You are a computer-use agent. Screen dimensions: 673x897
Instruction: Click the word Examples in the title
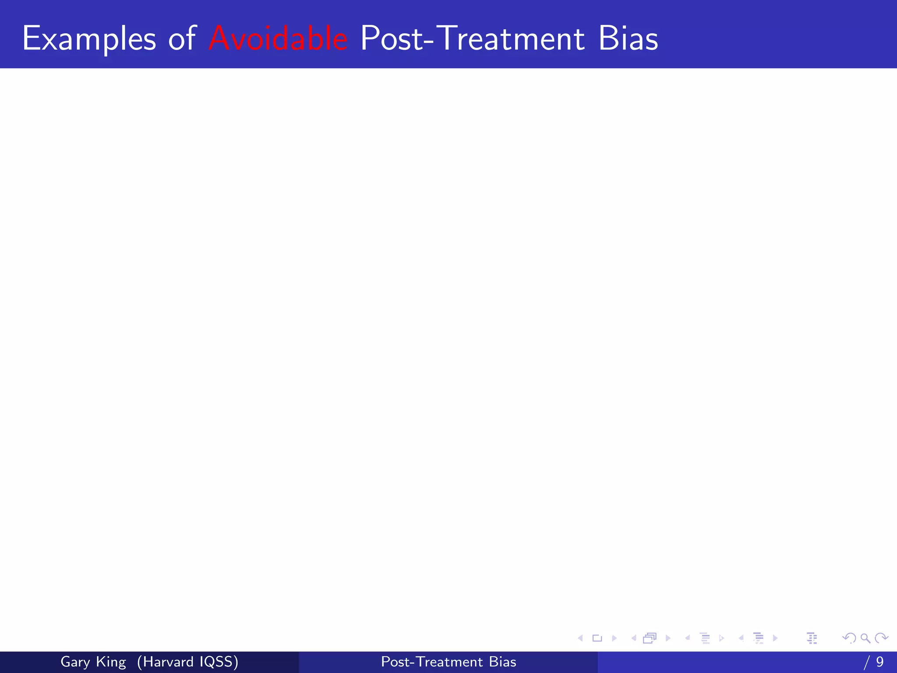pos(89,39)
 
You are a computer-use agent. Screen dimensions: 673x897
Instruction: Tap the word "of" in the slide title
pos(182,39)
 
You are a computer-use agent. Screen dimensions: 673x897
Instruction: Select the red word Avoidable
pos(279,39)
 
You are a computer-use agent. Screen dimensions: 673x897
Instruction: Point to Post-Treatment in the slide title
pos(472,39)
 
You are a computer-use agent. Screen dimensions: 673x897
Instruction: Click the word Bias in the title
pos(628,39)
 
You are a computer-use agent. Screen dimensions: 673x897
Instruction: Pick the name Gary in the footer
pos(75,662)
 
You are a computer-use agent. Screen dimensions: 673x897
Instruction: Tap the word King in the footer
pos(111,662)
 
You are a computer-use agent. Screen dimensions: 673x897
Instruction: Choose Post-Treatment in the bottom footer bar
pos(432,662)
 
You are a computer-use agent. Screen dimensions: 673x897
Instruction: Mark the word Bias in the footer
pos(503,662)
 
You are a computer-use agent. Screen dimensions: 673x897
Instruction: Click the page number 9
pos(880,662)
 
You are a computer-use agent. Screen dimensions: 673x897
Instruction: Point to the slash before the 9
pos(867,662)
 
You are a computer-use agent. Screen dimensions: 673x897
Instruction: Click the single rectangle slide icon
pos(597,638)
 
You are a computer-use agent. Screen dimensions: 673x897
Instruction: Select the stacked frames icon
pos(650,638)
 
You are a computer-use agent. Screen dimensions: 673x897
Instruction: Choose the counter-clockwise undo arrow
pos(849,638)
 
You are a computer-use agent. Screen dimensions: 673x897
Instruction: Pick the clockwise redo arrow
pos(881,638)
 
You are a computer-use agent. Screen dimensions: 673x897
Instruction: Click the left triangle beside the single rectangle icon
pos(581,638)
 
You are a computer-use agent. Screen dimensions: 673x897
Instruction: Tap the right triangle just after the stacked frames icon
pos(668,638)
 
